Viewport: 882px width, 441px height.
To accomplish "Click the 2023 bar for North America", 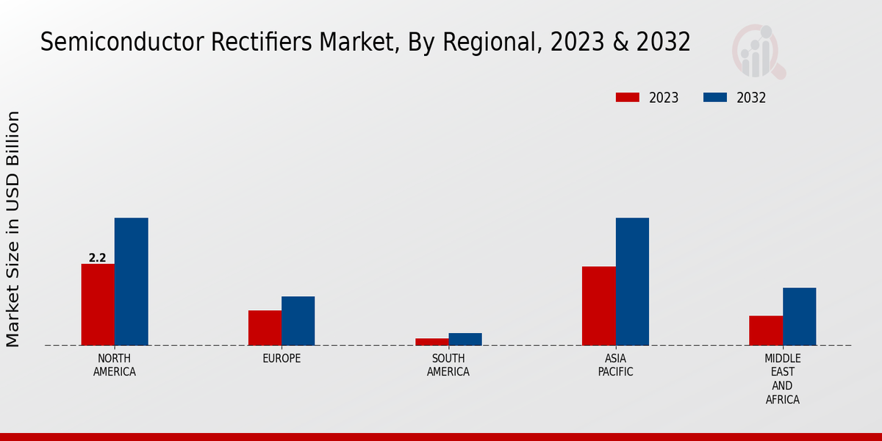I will (x=98, y=304).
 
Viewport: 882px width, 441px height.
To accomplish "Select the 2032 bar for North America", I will (x=131, y=282).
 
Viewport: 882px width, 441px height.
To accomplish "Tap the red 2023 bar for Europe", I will (x=265, y=328).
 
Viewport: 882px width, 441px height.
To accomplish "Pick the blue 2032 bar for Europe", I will (x=298, y=320).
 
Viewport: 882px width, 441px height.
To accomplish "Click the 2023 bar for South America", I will (x=431, y=342).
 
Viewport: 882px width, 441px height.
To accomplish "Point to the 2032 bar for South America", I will (x=465, y=339).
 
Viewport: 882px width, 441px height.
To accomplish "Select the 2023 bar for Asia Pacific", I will (x=598, y=306).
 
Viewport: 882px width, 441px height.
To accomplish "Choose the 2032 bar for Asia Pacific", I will (x=632, y=282).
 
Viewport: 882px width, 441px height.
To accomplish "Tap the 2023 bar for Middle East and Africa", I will (x=765, y=330).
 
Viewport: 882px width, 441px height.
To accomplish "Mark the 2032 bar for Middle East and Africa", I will (x=799, y=316).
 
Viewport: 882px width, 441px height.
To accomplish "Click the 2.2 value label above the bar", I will (x=98, y=258).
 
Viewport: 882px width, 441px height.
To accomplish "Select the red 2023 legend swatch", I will (x=628, y=98).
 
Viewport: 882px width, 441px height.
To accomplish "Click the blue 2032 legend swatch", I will (x=715, y=98).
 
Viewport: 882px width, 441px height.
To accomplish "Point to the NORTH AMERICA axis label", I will (x=115, y=365).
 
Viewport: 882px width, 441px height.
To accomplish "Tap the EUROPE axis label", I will (x=282, y=359).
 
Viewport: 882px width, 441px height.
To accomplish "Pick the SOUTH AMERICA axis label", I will (x=448, y=365).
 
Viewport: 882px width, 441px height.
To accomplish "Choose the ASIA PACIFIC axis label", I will (x=615, y=365).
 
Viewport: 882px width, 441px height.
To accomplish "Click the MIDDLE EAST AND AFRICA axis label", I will (x=782, y=379).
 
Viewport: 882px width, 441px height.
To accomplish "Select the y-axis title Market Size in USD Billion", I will (x=13, y=229).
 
